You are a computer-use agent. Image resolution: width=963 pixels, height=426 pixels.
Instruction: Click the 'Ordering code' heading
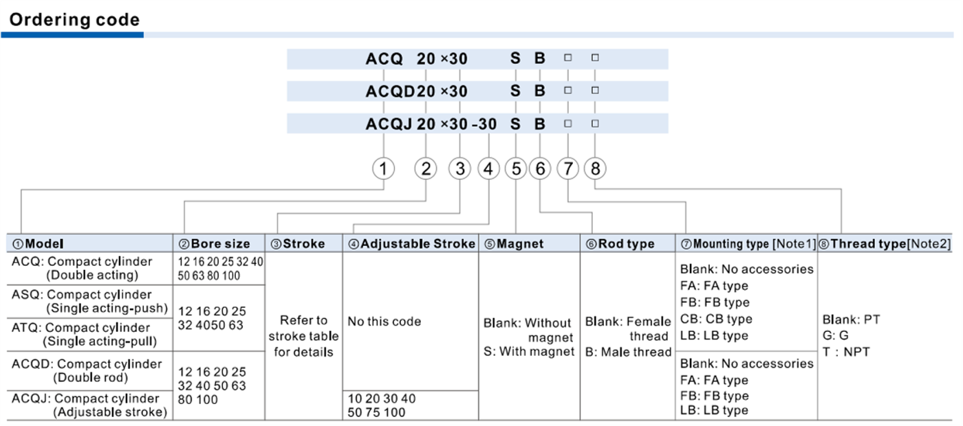coord(74,20)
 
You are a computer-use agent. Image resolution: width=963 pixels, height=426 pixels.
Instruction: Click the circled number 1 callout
coord(384,168)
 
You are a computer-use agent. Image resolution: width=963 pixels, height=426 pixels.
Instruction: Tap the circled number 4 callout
coord(488,168)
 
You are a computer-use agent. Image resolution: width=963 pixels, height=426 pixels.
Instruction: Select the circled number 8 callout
coord(595,168)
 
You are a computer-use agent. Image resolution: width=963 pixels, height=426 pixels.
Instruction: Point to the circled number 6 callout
coord(540,168)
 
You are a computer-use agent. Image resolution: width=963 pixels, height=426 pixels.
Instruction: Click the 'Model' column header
coord(38,244)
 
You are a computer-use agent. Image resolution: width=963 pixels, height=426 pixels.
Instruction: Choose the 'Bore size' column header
coord(214,244)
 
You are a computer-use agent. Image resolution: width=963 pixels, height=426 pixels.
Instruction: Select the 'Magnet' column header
coord(514,244)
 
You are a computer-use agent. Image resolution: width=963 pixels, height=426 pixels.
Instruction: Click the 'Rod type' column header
coord(620,244)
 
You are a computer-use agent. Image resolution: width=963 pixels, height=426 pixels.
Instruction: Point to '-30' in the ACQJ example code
coord(484,124)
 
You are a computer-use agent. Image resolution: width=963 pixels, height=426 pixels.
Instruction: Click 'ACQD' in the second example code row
coord(391,91)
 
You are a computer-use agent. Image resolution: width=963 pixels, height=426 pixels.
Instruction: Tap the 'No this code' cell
coord(385,322)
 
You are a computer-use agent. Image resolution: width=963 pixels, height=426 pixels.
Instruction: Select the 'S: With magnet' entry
coord(529,352)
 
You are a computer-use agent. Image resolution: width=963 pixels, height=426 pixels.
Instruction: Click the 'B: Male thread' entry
coord(628,352)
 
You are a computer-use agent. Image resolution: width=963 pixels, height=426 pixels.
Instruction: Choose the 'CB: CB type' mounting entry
coord(716,319)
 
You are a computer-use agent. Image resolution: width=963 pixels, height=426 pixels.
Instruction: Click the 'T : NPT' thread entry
coord(846,352)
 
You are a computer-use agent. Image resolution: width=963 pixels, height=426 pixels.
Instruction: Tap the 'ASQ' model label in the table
coord(27,295)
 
